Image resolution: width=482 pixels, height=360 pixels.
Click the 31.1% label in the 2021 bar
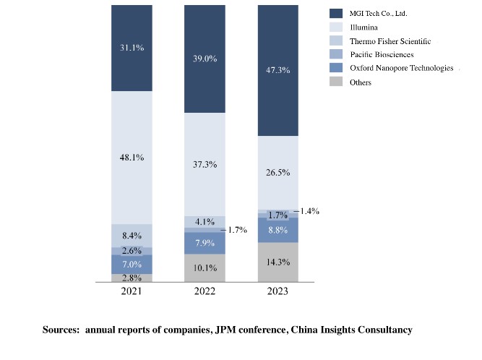tap(132, 48)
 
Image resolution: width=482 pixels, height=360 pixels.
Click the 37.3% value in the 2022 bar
tap(205, 164)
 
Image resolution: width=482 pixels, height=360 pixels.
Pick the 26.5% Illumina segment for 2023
tap(277, 173)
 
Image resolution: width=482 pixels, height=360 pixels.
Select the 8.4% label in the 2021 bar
tap(132, 235)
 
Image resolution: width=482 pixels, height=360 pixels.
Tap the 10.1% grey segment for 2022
tap(205, 268)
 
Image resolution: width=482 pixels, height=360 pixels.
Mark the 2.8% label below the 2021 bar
tap(132, 278)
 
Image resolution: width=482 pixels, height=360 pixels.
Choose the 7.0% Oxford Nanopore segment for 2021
tap(132, 264)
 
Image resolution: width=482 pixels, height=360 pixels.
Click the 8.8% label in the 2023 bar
tap(277, 230)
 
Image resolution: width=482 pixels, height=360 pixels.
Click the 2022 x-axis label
tap(205, 291)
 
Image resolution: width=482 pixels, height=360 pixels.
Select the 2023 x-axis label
tap(277, 291)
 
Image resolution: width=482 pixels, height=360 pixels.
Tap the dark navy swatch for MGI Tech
tap(336, 13)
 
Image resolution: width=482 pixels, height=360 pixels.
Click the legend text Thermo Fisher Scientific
tap(390, 41)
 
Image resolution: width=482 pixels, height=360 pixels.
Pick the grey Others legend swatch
tap(336, 82)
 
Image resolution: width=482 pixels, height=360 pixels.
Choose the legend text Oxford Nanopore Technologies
tap(401, 68)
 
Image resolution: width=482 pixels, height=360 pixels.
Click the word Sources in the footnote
tap(61, 330)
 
